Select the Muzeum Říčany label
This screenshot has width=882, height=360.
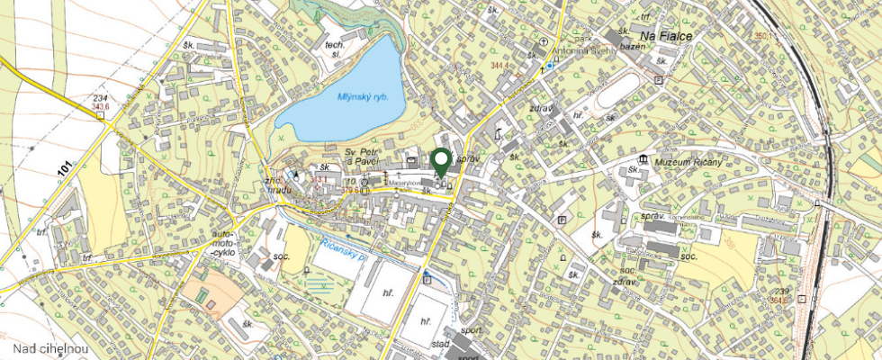pos(686,161)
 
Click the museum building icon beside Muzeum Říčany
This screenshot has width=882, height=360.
pos(643,159)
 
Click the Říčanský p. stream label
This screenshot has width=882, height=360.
pos(344,249)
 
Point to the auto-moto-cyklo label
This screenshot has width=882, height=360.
pos(221,242)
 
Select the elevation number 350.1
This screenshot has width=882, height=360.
pos(765,37)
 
